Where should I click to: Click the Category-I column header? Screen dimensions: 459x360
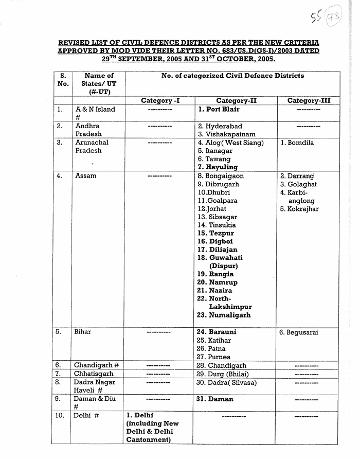tap(160, 101)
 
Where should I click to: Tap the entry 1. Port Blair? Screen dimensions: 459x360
tap(219, 109)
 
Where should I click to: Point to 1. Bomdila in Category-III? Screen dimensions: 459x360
tap(297, 143)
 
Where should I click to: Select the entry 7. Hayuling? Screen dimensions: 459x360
tap(218, 167)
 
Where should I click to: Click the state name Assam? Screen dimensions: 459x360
tap(86, 176)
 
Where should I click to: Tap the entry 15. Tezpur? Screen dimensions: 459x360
tap(215, 233)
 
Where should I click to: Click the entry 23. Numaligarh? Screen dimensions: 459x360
tap(224, 315)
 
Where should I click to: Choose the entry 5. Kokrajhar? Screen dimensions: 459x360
tap(299, 209)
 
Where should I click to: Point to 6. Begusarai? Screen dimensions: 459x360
tap(299, 332)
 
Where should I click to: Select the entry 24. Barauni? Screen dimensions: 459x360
tap(217, 332)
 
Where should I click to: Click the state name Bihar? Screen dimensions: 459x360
tap(83, 332)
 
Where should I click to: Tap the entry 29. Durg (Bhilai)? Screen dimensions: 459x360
tap(223, 374)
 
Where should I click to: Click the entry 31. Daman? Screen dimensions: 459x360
tap(215, 399)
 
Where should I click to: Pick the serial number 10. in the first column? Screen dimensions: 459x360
tap(61, 415)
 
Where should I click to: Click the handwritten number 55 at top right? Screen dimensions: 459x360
tap(316, 20)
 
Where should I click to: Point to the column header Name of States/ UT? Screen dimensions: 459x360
tap(99, 83)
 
